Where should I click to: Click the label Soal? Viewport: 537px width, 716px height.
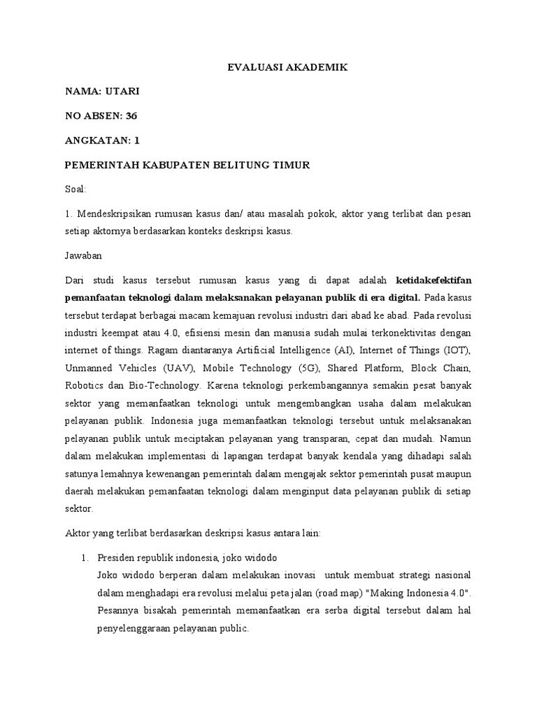click(75, 189)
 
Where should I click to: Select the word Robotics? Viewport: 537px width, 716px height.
click(84, 385)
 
